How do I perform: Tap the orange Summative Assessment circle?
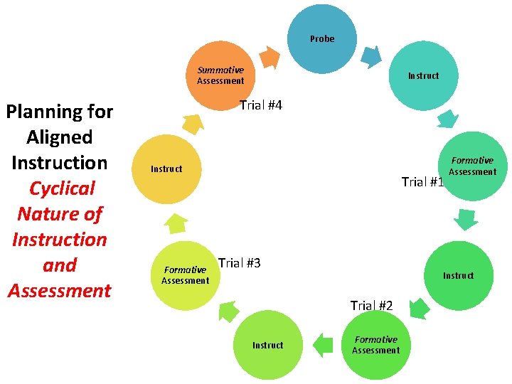(x=220, y=75)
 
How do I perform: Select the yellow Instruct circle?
(x=168, y=169)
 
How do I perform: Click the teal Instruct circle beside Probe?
(x=422, y=75)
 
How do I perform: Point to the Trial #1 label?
(x=422, y=182)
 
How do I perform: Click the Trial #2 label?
(x=371, y=306)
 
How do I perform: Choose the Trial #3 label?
(x=239, y=263)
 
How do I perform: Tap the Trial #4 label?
(x=260, y=106)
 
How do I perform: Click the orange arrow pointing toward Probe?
(x=268, y=57)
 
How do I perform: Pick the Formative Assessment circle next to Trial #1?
(x=471, y=166)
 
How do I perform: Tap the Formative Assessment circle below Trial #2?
(x=375, y=345)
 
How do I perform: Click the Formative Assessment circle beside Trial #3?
(x=185, y=275)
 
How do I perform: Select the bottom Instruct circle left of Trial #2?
(x=267, y=345)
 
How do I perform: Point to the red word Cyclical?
(x=62, y=188)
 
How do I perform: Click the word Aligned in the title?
(x=59, y=137)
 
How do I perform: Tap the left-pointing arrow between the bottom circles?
(x=323, y=345)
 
